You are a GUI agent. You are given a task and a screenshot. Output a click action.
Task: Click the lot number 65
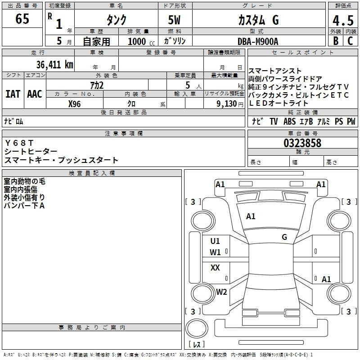tap(22, 19)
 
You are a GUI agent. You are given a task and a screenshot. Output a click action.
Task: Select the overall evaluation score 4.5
tap(342, 20)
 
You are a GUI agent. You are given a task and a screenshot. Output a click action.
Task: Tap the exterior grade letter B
tap(335, 40)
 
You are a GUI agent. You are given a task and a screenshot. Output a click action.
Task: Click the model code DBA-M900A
tap(258, 41)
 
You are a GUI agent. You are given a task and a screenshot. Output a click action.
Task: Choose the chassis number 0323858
tap(302, 144)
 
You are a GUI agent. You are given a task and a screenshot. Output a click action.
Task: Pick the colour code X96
tap(75, 104)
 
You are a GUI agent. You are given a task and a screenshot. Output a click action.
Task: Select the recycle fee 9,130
tap(224, 104)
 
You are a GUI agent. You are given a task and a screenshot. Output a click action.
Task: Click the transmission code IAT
tap(13, 94)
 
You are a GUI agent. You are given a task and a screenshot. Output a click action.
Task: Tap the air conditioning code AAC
tap(35, 94)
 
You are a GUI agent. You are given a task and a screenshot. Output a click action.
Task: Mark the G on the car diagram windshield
tap(284, 237)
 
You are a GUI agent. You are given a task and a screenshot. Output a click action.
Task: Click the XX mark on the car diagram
tap(215, 268)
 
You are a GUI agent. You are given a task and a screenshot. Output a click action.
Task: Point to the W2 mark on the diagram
tap(221, 292)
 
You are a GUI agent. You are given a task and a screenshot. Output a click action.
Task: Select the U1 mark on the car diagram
tap(215, 241)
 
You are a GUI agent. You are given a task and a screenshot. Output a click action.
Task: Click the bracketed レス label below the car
tap(196, 345)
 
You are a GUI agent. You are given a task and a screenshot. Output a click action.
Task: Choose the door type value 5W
tap(175, 20)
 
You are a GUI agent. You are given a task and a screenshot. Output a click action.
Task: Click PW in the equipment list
tap(351, 121)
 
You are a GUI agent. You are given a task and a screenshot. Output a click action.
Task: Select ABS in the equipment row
tap(290, 121)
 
